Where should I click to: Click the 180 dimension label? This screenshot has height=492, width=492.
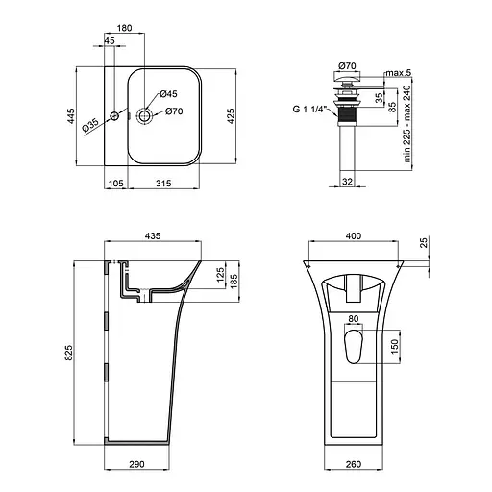tap(124, 28)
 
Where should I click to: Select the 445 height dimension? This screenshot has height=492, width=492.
tap(71, 116)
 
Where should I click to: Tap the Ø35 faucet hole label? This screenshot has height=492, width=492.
tap(90, 125)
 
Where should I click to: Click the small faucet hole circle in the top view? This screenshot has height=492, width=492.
tap(114, 116)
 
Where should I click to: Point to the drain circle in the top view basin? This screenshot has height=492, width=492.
tap(144, 115)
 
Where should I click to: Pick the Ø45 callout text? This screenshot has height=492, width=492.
tap(168, 94)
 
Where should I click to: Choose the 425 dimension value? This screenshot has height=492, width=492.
tap(231, 116)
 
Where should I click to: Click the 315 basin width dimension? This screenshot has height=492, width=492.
tap(163, 184)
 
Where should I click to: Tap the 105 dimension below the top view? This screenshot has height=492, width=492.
tap(116, 184)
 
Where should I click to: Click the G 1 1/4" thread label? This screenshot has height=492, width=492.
tap(309, 110)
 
